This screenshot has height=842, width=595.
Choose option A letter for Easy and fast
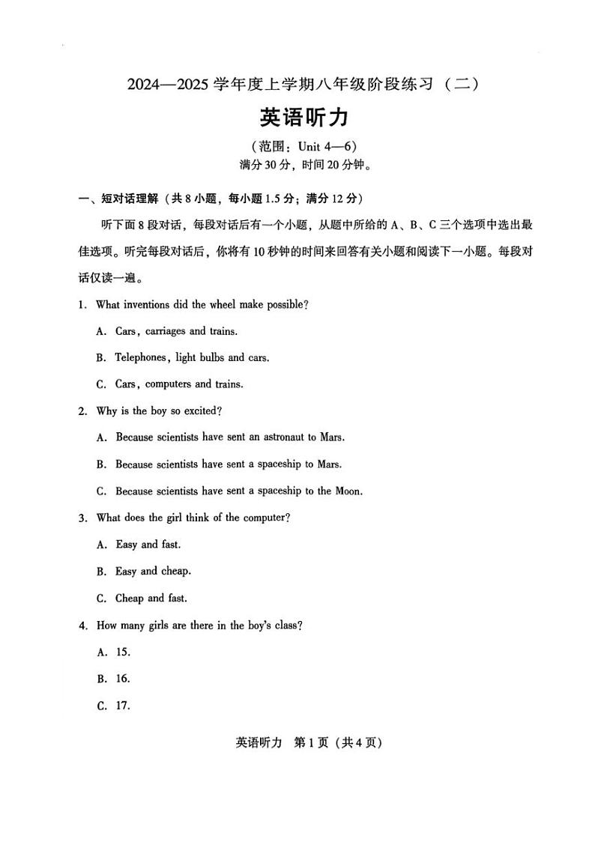coord(100,545)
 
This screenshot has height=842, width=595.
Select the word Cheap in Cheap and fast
coord(129,599)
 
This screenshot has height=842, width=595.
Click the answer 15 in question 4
coord(123,652)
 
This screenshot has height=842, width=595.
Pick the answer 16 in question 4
coord(123,679)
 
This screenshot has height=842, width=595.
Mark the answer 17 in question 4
coord(123,706)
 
